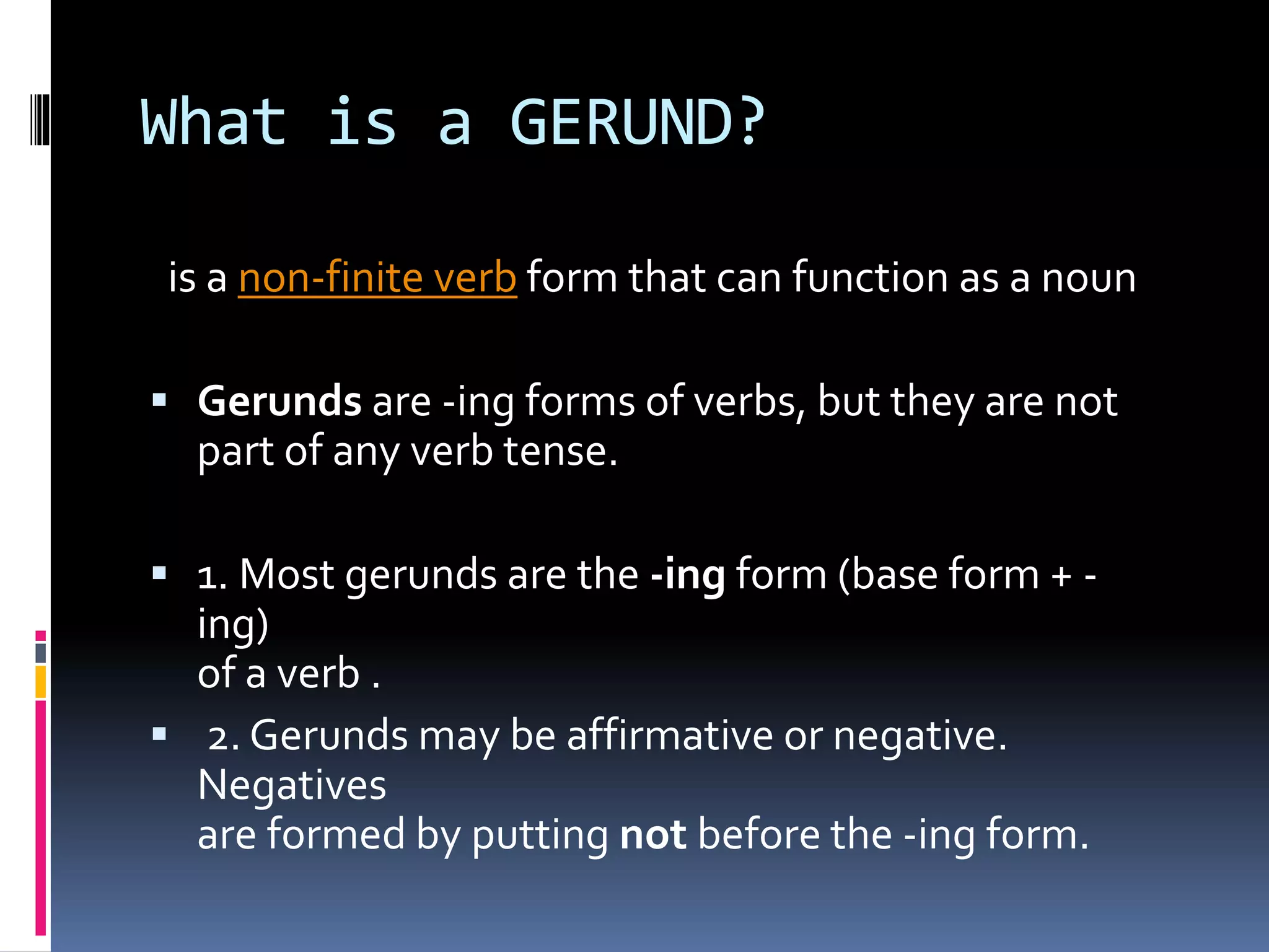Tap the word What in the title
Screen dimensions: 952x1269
point(214,123)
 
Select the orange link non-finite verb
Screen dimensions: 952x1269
point(377,277)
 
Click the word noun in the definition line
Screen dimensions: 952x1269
point(1088,277)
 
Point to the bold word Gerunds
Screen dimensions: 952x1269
point(279,401)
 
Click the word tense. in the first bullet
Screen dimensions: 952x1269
point(560,451)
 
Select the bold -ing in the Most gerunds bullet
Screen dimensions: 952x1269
point(687,575)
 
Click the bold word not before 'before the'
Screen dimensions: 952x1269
point(653,835)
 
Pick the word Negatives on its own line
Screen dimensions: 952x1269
point(292,785)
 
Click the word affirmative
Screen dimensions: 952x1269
point(670,736)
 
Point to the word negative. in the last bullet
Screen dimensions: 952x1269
point(920,736)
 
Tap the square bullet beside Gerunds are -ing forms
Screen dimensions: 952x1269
point(160,400)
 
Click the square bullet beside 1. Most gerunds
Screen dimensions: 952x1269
point(160,573)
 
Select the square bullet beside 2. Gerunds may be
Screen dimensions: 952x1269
point(160,734)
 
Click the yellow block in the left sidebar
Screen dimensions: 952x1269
point(41,682)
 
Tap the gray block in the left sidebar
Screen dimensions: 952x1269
point(41,653)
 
